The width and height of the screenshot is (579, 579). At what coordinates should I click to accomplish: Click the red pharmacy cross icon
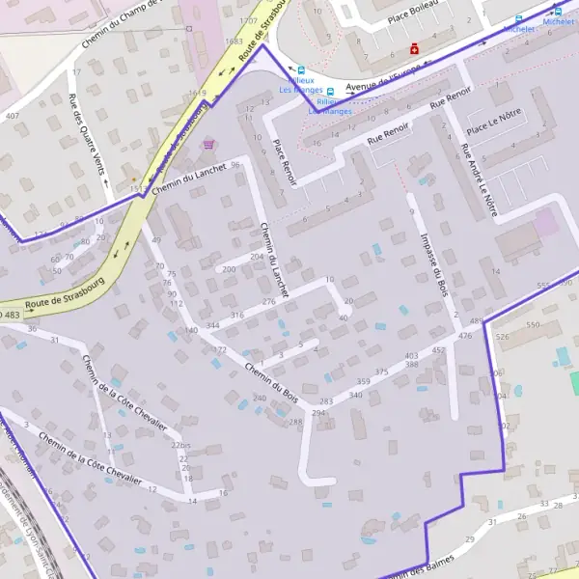[415, 48]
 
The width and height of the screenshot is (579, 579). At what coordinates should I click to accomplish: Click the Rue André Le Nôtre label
[479, 179]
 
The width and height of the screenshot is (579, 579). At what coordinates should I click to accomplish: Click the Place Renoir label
[282, 162]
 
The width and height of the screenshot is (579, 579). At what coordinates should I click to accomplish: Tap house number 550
[532, 325]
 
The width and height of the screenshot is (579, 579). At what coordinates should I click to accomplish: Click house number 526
[501, 337]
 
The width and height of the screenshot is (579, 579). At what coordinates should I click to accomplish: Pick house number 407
[12, 116]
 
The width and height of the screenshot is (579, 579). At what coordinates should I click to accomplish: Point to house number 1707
[248, 19]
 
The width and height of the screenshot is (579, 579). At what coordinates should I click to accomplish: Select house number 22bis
[180, 445]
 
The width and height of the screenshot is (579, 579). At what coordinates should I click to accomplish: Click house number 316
[236, 316]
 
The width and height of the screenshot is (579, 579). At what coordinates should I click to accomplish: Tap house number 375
[381, 372]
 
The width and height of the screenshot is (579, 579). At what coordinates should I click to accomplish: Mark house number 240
[259, 398]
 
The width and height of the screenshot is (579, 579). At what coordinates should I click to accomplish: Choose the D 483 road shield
[10, 316]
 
